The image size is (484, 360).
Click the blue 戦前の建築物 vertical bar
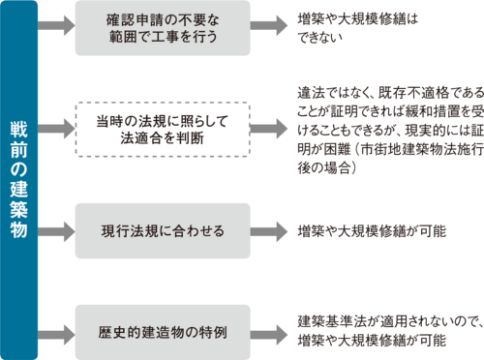[x=19, y=180]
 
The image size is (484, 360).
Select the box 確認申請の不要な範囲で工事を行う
[x=163, y=29]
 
